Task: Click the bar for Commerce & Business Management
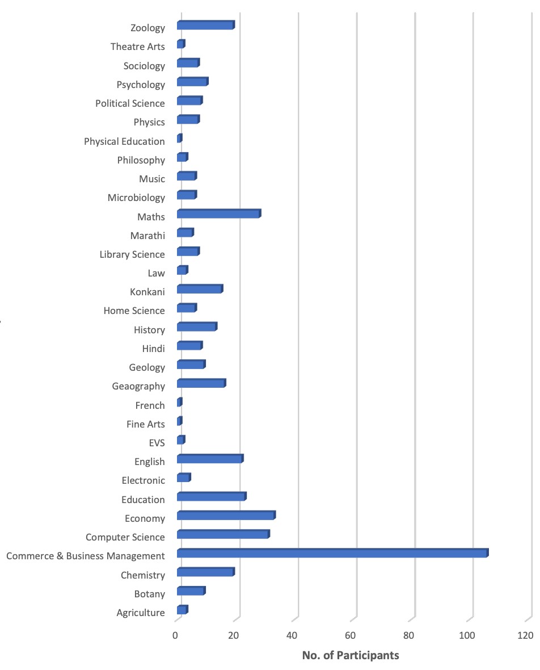pos(333,553)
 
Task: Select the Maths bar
pos(219,213)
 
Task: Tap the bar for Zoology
pos(206,25)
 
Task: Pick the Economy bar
pos(226,516)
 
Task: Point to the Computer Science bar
pos(223,534)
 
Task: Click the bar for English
pos(210,458)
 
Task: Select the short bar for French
pos(180,402)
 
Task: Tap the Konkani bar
pos(200,289)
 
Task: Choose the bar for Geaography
pos(201,383)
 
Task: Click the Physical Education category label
pos(124,141)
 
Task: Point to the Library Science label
pos(132,254)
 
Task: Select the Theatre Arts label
pos(137,47)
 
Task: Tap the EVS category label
pos(157,443)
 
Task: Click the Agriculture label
pos(141,613)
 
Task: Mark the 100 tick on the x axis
pos(467,635)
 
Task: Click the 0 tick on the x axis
pos(175,635)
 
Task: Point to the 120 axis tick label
pos(525,635)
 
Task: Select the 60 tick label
pos(350,635)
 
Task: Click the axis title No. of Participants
pos(351,655)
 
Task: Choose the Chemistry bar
pos(206,572)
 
